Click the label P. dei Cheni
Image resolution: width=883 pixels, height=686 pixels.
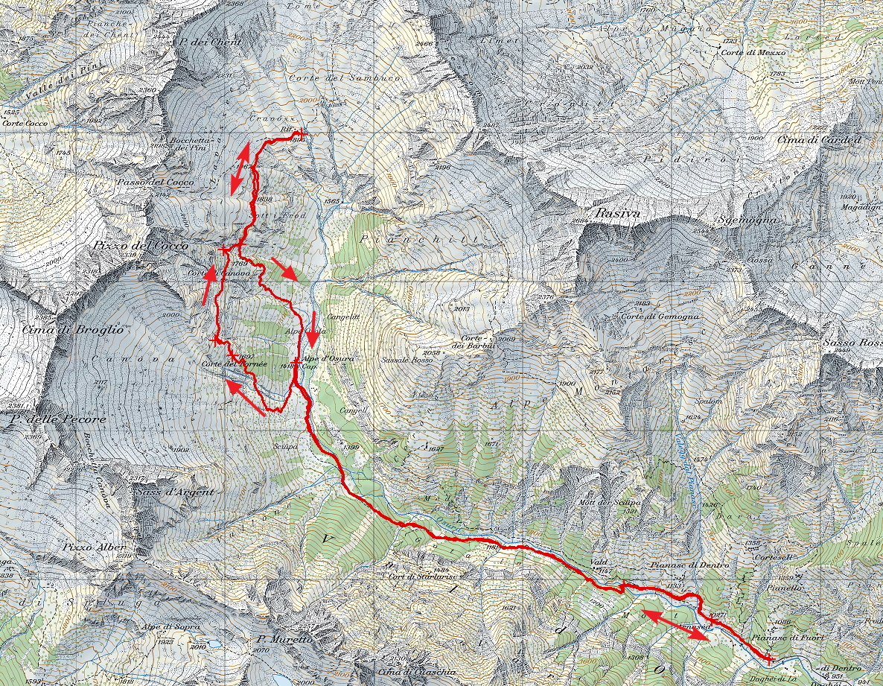click(210, 42)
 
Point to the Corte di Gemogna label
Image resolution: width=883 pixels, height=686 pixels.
click(660, 317)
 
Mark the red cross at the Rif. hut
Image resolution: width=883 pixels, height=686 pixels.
click(300, 134)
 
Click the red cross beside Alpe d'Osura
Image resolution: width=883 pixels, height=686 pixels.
click(296, 362)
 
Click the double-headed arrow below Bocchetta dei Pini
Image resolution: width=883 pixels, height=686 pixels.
click(239, 168)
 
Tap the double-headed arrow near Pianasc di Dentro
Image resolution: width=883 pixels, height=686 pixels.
click(676, 626)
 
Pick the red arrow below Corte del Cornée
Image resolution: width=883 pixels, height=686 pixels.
click(245, 396)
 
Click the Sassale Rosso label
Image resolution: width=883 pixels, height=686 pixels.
click(407, 360)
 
